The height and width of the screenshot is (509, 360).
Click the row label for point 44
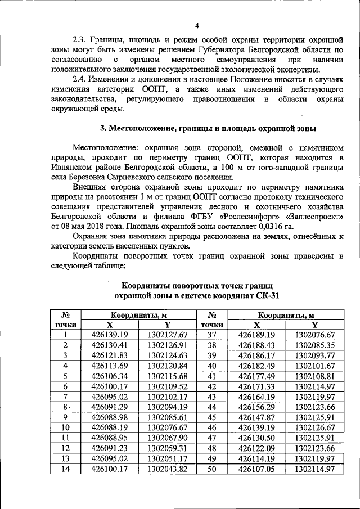pyautogui.click(x=212, y=407)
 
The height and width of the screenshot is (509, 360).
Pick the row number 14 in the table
pyautogui.click(x=65, y=469)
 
